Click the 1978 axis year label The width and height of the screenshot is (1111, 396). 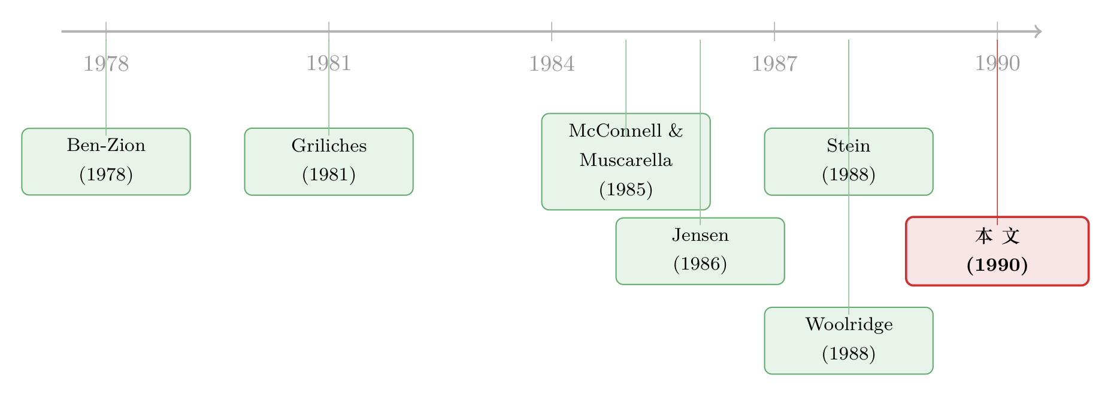click(x=106, y=64)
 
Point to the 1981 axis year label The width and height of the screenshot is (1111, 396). click(x=329, y=64)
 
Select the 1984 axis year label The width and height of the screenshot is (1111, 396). click(x=552, y=64)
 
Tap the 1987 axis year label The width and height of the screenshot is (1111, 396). click(x=774, y=64)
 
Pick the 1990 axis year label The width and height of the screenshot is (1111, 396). click(x=997, y=64)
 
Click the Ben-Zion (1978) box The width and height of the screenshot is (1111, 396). click(x=106, y=161)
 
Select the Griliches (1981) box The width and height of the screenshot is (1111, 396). click(x=329, y=161)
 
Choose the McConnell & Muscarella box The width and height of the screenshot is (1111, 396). click(x=626, y=161)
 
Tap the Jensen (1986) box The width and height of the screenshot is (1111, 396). click(x=700, y=251)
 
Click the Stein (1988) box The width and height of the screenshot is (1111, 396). click(x=849, y=161)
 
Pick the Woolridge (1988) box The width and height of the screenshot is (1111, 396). click(x=849, y=340)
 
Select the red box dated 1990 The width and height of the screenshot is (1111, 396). click(x=997, y=251)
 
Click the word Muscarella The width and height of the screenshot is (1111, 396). click(x=626, y=160)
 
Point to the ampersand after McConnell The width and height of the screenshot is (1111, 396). click(x=676, y=131)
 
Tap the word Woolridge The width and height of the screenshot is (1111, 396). click(x=849, y=324)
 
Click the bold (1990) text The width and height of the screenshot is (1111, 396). click(x=997, y=265)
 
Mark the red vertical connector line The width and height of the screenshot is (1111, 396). click(x=997, y=132)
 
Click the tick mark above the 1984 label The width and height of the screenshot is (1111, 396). click(x=552, y=31)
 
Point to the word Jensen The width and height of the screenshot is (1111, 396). click(x=700, y=235)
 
